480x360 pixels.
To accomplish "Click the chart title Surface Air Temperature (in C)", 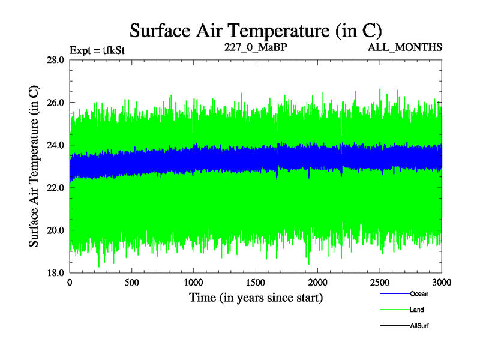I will click(256, 30).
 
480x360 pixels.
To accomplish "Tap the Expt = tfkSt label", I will click(97, 50).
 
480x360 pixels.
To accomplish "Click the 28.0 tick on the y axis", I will click(55, 60).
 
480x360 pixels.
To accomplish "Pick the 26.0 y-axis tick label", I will click(55, 103).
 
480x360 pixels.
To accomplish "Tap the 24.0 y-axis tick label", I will click(55, 145).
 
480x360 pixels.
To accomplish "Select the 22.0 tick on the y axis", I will click(55, 188).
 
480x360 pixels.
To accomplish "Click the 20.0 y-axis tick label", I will click(55, 230).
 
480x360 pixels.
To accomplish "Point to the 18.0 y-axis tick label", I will click(55, 273).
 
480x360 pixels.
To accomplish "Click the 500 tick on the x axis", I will click(132, 282).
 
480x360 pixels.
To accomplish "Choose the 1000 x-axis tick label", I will click(194, 282).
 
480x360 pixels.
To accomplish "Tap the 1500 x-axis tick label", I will click(256, 282).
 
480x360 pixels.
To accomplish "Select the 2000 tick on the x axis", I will click(318, 282).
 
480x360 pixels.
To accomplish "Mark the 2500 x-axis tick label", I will click(380, 282).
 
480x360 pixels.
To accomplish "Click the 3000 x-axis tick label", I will click(441, 282).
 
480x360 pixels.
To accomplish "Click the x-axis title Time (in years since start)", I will click(256, 297).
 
